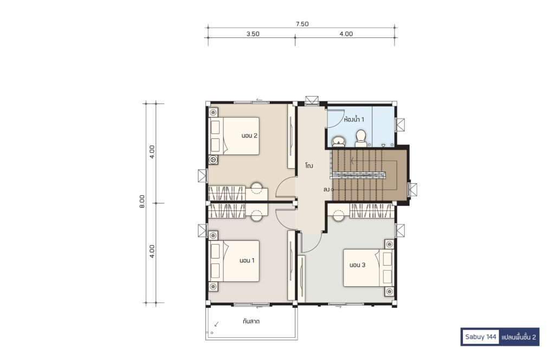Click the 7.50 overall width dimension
point(302,24)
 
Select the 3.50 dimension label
point(253,34)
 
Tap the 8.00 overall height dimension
point(142,201)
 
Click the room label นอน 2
point(249,136)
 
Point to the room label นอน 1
point(247,261)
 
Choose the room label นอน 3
point(357,265)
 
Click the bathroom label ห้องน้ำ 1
point(354,120)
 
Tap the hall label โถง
point(309,165)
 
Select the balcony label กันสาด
point(251,322)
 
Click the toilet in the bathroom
point(360,138)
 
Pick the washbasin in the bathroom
point(338,142)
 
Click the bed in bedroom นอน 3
point(369,268)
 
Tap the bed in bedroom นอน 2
point(234,136)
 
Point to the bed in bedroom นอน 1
point(234,261)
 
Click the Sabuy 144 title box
point(481,337)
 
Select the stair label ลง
point(326,190)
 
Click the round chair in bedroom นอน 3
point(339,215)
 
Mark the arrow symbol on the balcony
point(216,324)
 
